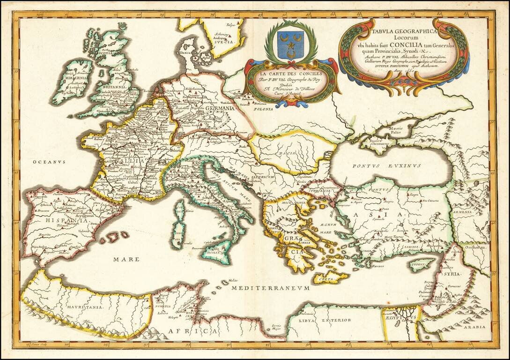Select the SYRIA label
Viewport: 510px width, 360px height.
tap(453, 273)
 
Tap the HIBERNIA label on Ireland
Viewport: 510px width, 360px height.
tap(69, 77)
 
